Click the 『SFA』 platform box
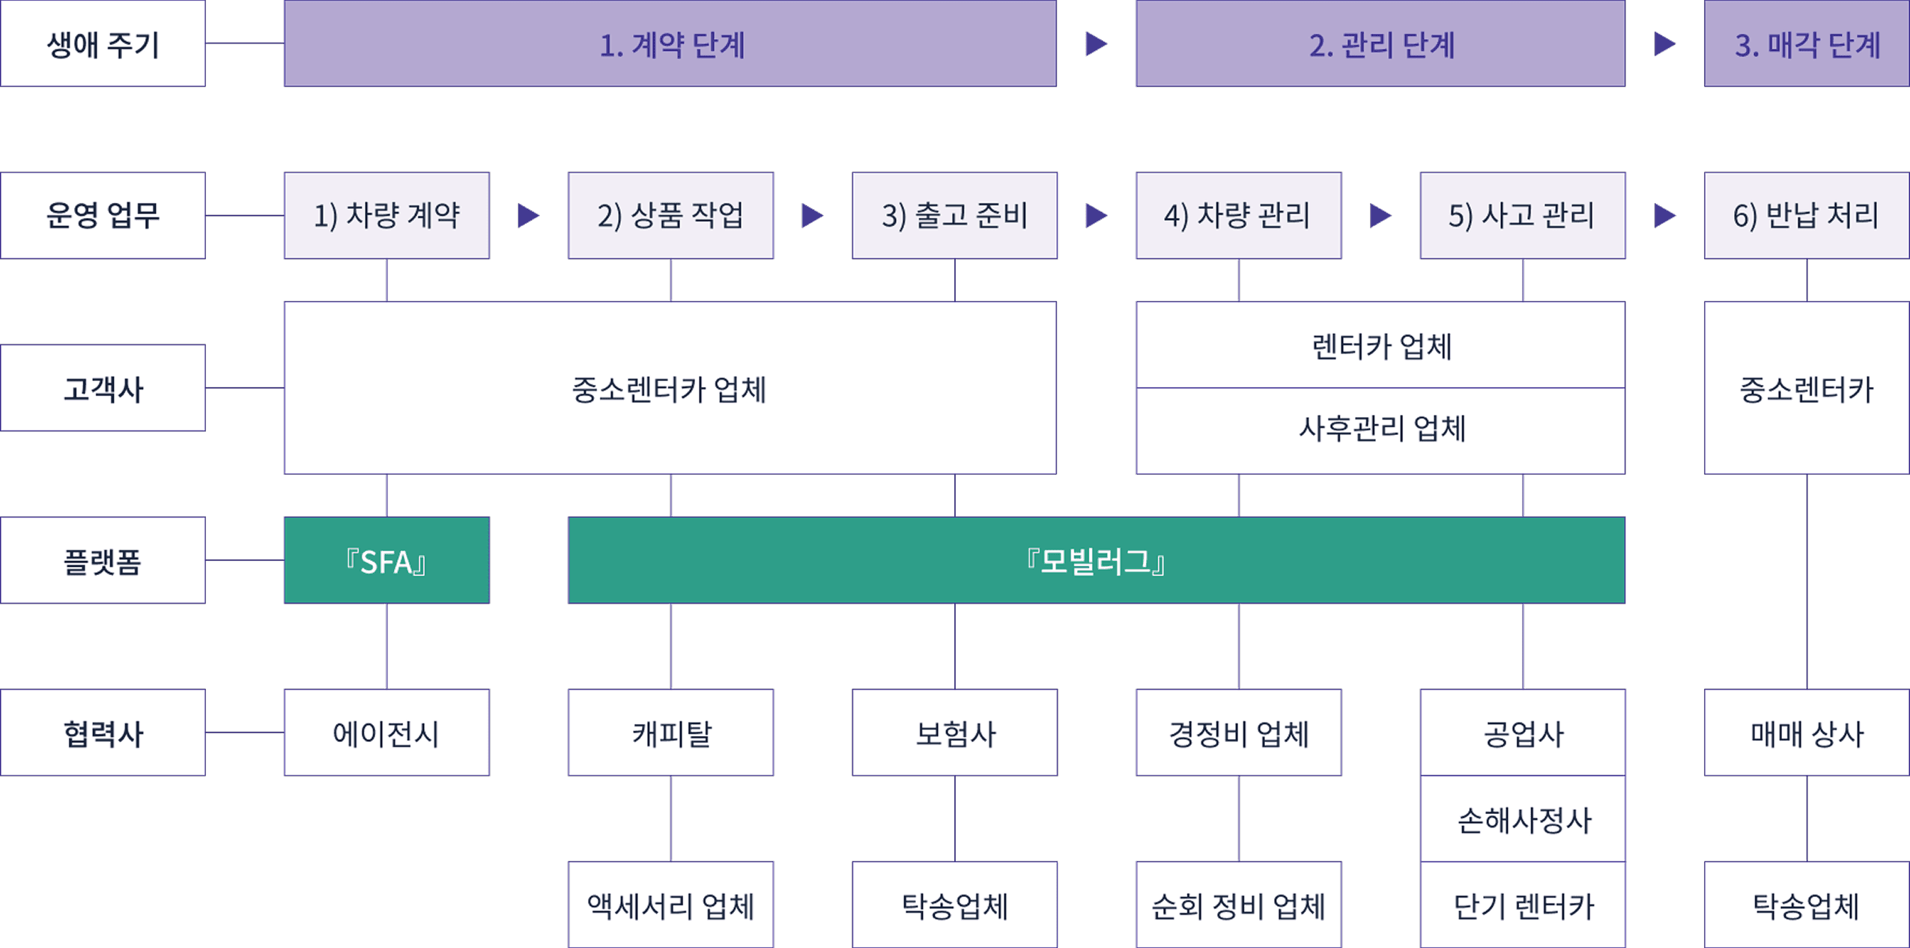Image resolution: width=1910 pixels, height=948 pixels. [386, 560]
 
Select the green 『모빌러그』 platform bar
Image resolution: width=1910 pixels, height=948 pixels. [1096, 560]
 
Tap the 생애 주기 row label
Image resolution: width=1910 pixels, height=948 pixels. [103, 43]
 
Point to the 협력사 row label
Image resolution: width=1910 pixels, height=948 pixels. [103, 732]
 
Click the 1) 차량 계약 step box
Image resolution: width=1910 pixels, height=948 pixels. [386, 216]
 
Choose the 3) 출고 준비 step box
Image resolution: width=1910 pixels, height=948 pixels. [954, 216]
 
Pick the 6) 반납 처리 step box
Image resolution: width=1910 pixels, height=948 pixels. [1807, 216]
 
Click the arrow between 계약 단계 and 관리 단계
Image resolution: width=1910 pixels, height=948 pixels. [1096, 43]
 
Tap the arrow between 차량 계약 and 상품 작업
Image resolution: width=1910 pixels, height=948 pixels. [528, 216]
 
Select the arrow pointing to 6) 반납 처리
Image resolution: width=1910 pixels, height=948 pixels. [1664, 216]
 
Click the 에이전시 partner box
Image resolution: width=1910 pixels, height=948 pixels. [386, 732]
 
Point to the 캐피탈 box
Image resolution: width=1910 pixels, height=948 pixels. [670, 732]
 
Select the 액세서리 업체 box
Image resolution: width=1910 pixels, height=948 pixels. [670, 905]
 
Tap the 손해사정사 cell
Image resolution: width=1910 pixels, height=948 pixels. [1523, 819]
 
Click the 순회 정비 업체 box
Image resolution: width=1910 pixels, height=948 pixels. [1238, 905]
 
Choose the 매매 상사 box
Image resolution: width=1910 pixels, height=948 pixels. [1807, 732]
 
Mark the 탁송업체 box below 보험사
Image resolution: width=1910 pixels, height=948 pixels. [954, 905]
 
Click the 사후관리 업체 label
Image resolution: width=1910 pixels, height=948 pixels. [1380, 429]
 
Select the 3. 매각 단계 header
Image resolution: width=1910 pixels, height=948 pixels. [1807, 43]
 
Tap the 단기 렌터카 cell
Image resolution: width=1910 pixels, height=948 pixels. [1523, 905]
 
